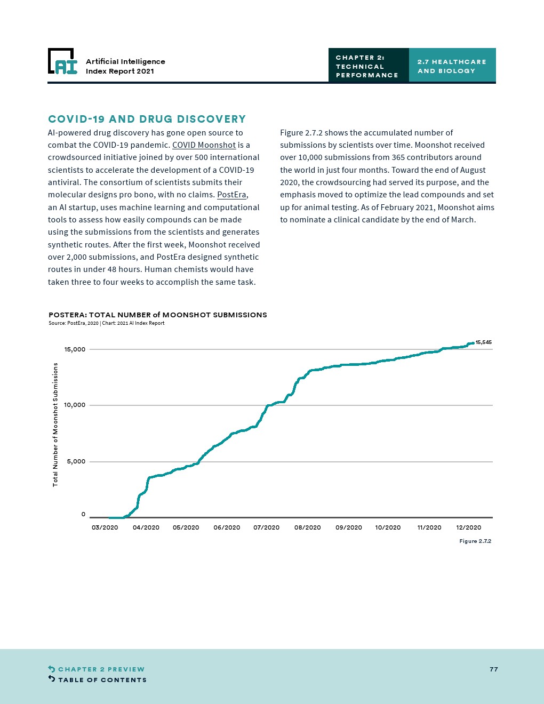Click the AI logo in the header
(63, 62)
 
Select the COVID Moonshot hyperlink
(204, 145)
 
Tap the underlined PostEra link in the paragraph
(232, 195)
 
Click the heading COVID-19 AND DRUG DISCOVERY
(147, 119)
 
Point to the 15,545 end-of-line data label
(483, 342)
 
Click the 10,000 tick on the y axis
(75, 405)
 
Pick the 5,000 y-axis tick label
(76, 461)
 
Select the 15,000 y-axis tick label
(75, 349)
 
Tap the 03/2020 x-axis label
(105, 527)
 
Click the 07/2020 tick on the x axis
(267, 527)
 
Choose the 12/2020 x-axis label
(469, 527)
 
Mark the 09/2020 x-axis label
(349, 527)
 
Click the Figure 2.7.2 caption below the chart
(475, 541)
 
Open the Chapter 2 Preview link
(101, 669)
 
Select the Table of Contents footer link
(102, 680)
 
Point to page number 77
(494, 669)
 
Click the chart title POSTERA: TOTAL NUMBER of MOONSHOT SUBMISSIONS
(158, 315)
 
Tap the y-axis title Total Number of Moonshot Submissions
(55, 425)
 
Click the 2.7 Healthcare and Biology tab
(452, 66)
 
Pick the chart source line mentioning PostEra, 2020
(107, 323)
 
